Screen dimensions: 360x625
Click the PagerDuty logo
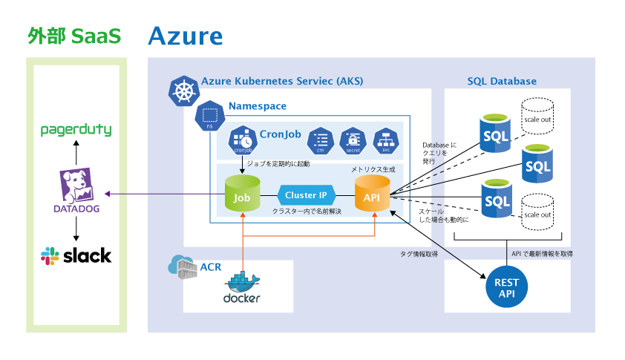75,131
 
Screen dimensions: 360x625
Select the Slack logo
76,256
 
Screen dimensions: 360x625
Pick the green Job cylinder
242,197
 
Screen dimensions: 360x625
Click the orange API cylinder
372,197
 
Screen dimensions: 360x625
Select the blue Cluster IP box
307,196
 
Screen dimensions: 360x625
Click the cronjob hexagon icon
243,140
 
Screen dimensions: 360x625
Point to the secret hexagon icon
353,140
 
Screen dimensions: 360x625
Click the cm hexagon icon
321,140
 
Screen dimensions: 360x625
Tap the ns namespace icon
209,116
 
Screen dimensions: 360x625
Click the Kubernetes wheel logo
184,91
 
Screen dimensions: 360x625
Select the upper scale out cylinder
537,117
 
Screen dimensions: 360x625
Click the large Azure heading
185,36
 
